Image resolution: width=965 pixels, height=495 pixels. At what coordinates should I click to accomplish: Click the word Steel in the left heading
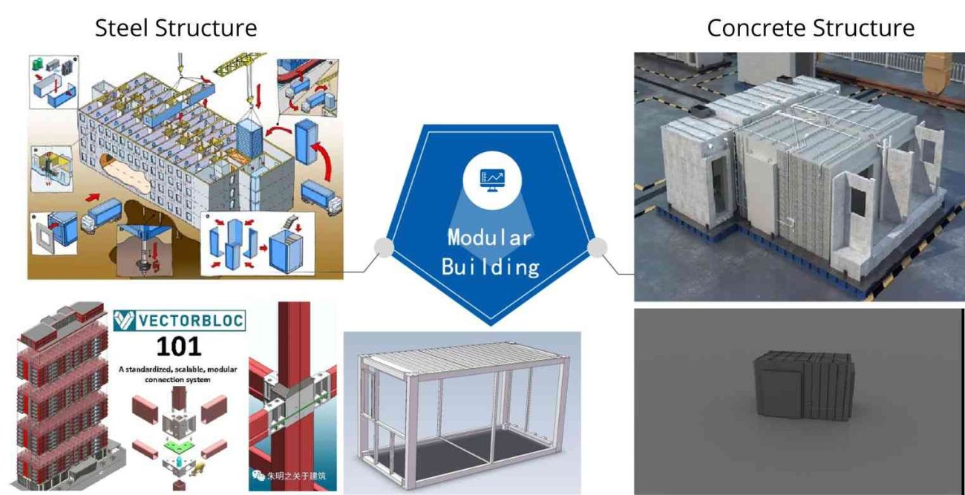coord(122,28)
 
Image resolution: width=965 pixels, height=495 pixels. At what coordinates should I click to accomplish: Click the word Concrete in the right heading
coord(756,28)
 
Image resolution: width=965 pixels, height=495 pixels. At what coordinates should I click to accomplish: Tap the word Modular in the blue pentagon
coord(489,237)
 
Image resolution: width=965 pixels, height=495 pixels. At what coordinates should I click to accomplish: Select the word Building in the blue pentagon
coord(490,267)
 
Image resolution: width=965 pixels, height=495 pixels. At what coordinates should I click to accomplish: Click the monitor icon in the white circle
coord(492,180)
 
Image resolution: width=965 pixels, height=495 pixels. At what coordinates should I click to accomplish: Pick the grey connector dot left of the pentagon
coord(384,247)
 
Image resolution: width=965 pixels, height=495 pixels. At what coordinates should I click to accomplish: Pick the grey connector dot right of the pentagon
coord(597,247)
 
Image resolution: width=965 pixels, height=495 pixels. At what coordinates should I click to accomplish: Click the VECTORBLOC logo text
coord(191,321)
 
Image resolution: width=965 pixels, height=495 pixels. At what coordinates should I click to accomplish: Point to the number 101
coord(179,346)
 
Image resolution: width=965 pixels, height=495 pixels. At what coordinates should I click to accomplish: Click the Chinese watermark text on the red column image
coord(296,476)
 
